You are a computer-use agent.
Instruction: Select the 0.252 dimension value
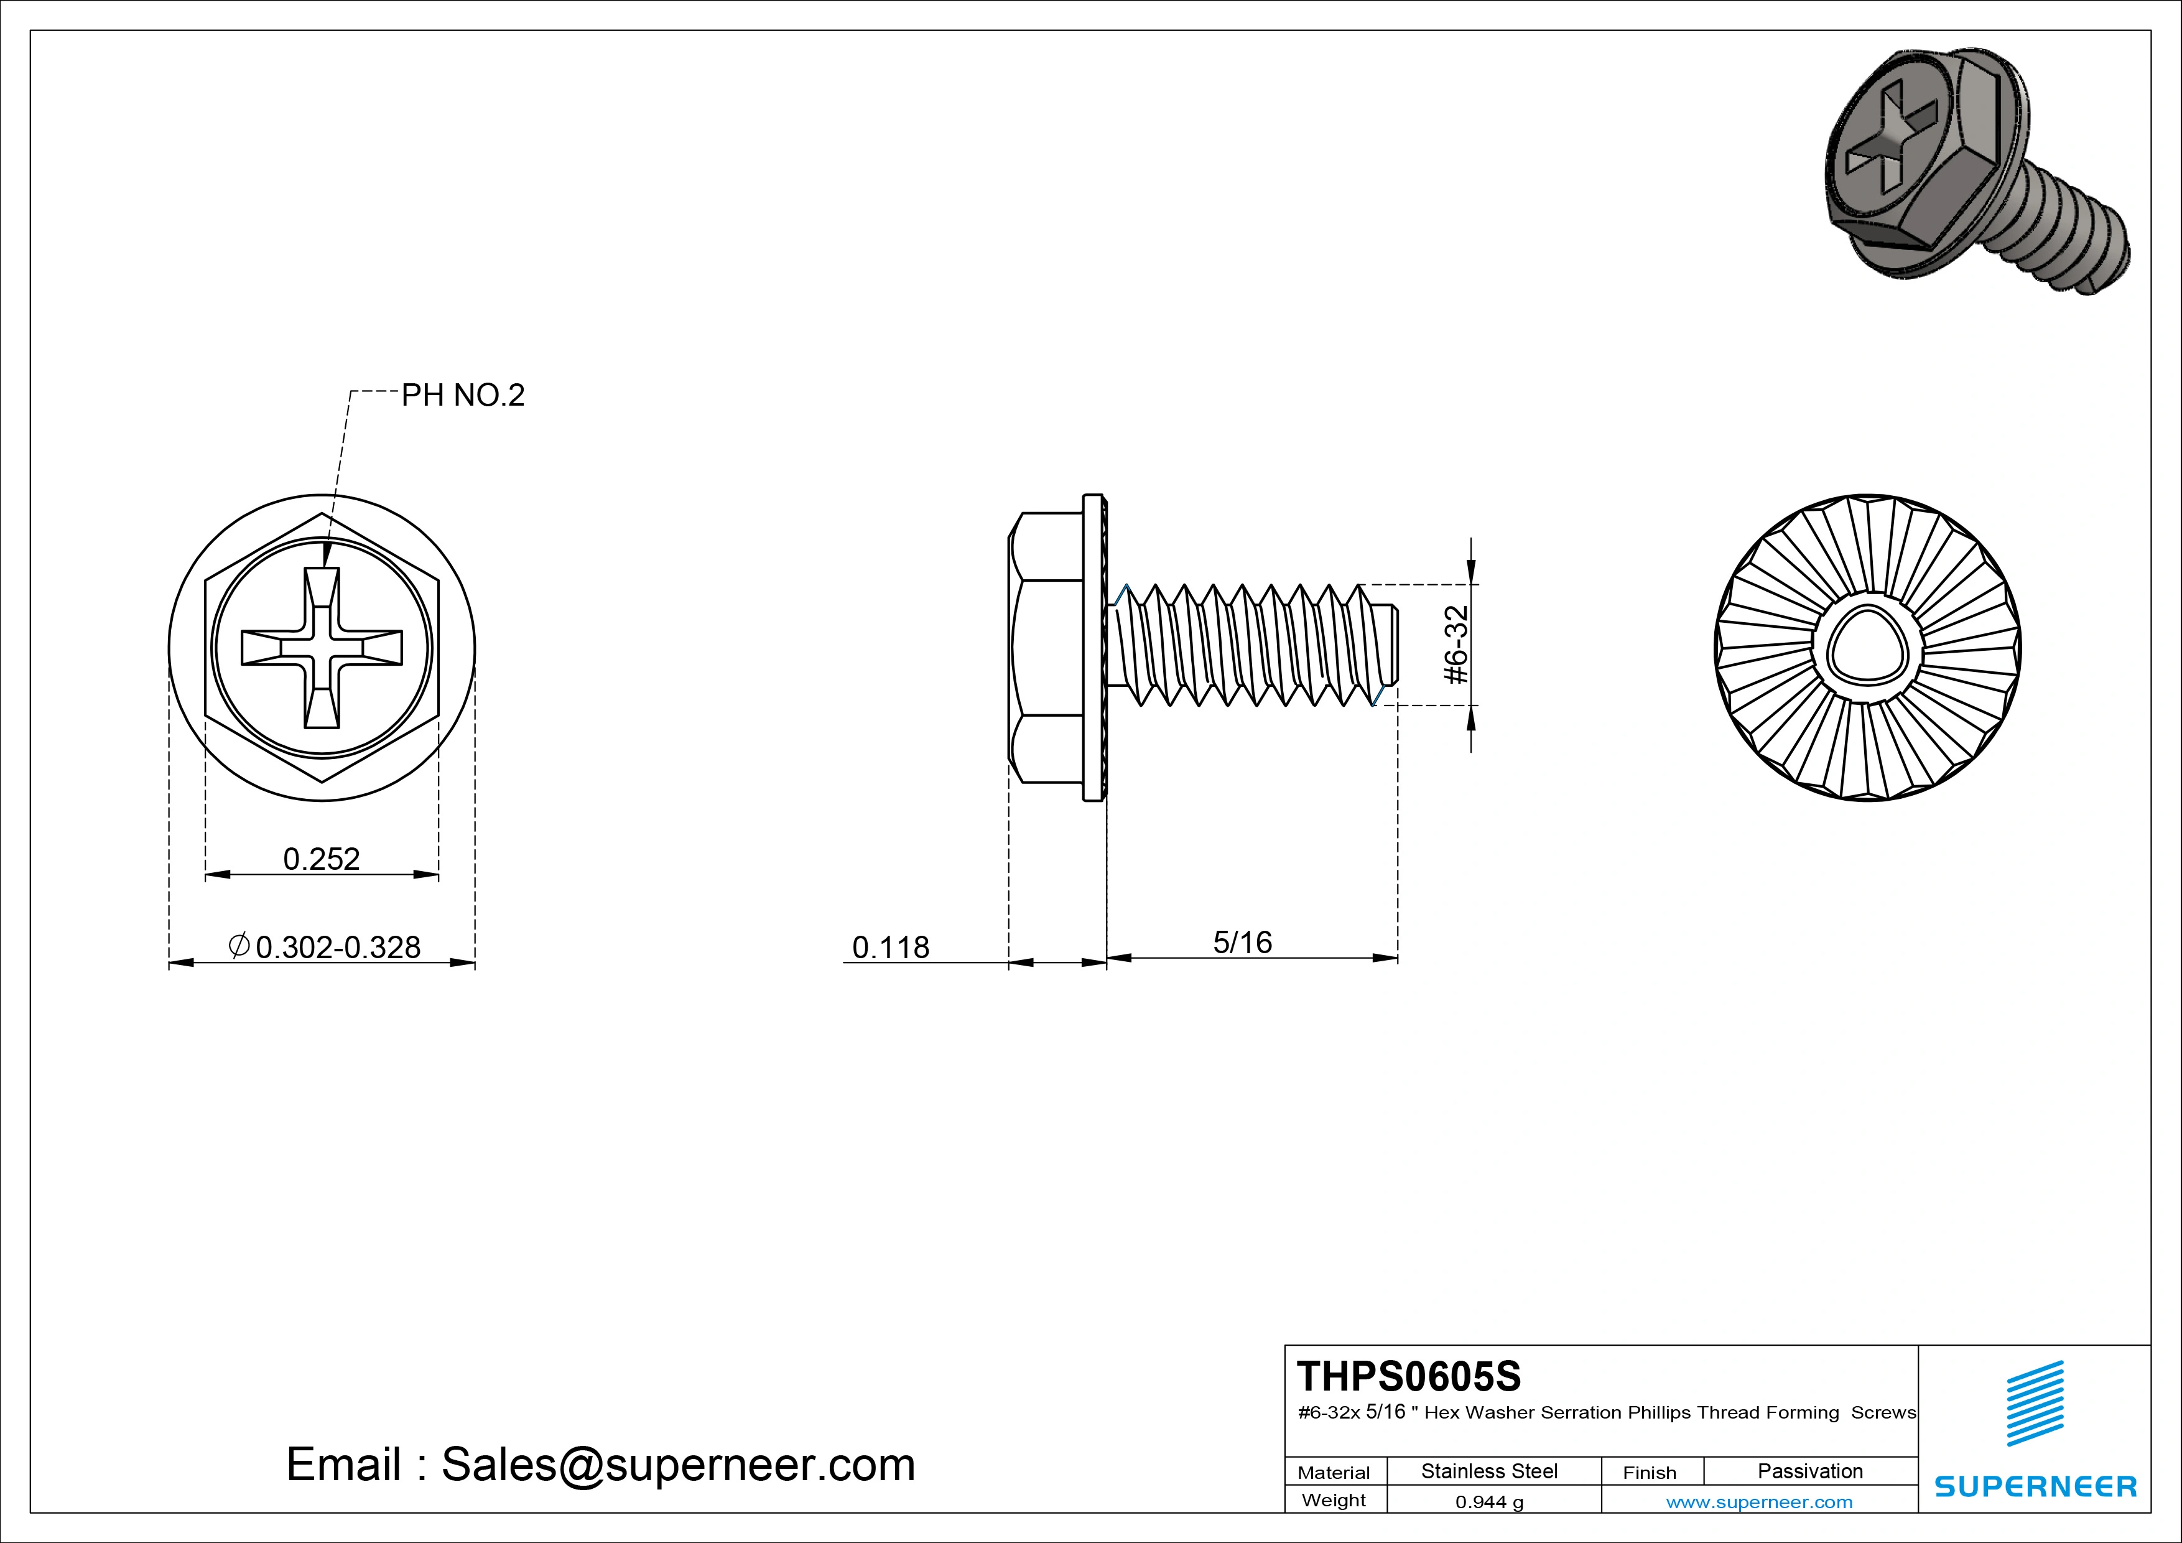click(x=321, y=859)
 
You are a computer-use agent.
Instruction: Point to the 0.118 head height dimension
click(x=891, y=947)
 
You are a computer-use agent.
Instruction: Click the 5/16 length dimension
click(x=1242, y=942)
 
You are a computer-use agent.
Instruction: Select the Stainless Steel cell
click(x=1489, y=1471)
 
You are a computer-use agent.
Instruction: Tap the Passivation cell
click(x=1809, y=1471)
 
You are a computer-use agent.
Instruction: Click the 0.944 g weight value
click(x=1489, y=1502)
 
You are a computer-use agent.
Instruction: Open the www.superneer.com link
click(x=1759, y=1502)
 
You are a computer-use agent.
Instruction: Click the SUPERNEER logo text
click(x=2035, y=1486)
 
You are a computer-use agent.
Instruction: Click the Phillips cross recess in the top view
click(x=321, y=648)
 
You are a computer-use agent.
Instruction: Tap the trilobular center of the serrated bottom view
click(x=1867, y=648)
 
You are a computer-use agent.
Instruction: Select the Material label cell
click(x=1334, y=1473)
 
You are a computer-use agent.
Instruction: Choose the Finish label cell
click(x=1649, y=1473)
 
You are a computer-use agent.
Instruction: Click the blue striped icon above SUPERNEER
click(x=2035, y=1402)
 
